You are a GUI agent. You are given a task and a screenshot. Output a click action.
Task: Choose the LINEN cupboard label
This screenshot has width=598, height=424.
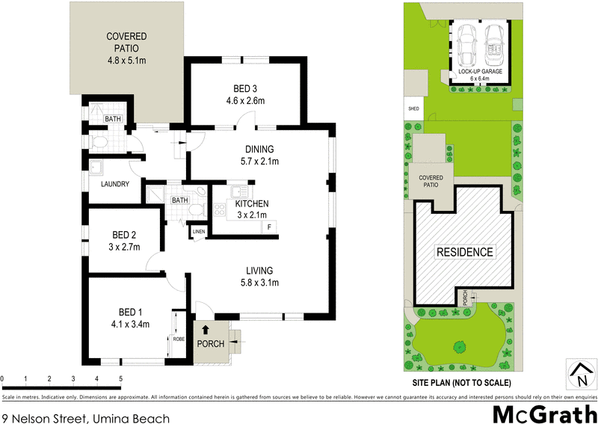(x=198, y=232)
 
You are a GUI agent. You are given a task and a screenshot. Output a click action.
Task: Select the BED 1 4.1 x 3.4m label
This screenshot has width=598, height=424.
(x=129, y=318)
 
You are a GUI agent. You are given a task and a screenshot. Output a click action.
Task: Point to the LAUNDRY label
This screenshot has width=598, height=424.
(x=114, y=184)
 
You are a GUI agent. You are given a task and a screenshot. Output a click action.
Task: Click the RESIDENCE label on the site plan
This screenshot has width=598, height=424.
(x=464, y=252)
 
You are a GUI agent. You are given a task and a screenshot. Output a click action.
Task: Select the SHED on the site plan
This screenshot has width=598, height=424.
(x=413, y=109)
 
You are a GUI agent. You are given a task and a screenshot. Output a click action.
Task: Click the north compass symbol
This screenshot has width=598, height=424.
(x=579, y=372)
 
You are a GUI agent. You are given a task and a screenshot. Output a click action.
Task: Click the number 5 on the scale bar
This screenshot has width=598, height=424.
(x=120, y=379)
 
